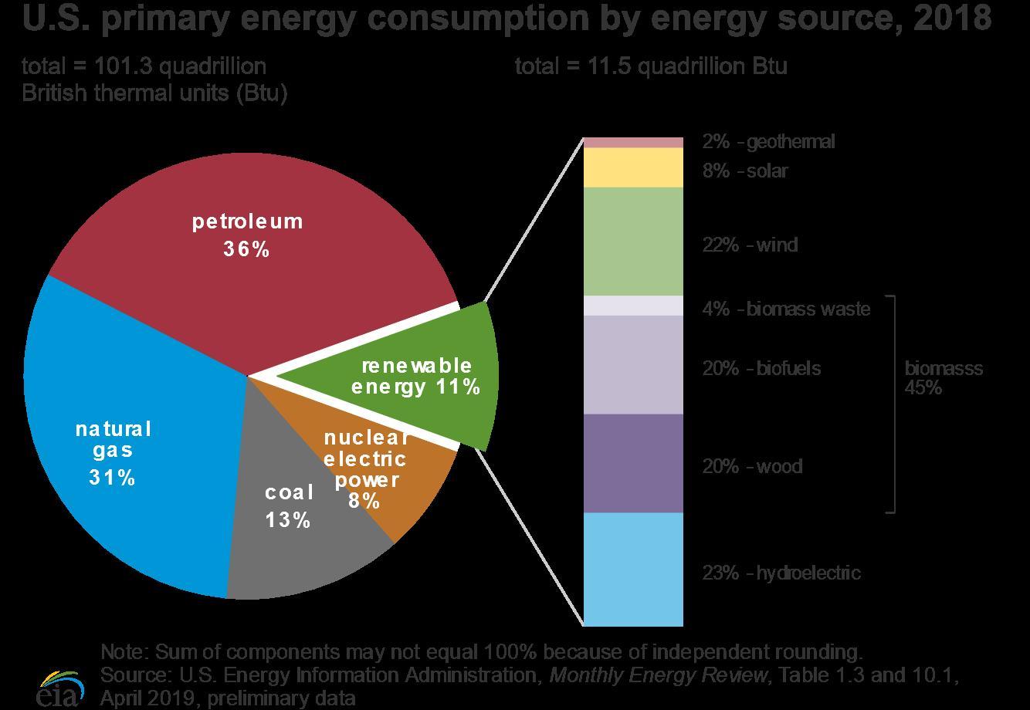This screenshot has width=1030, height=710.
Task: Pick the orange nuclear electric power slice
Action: [409, 494]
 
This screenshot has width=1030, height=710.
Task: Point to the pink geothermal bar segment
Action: [633, 142]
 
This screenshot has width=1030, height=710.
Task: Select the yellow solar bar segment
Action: [633, 167]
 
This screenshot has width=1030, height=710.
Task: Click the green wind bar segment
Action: [633, 241]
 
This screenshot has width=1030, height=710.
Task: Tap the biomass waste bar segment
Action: [633, 306]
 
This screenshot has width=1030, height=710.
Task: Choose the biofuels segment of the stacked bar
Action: [633, 364]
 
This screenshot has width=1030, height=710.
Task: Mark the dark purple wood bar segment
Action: [633, 463]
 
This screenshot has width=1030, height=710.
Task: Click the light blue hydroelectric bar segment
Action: [633, 570]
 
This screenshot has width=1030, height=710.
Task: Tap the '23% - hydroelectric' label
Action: [781, 573]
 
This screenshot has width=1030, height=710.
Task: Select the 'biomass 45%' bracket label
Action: [944, 377]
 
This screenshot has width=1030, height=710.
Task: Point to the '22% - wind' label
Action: [750, 245]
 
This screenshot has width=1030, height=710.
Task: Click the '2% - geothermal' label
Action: [768, 142]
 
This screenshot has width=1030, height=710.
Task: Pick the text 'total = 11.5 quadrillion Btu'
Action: [651, 66]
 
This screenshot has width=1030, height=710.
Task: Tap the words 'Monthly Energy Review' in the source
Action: [659, 675]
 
